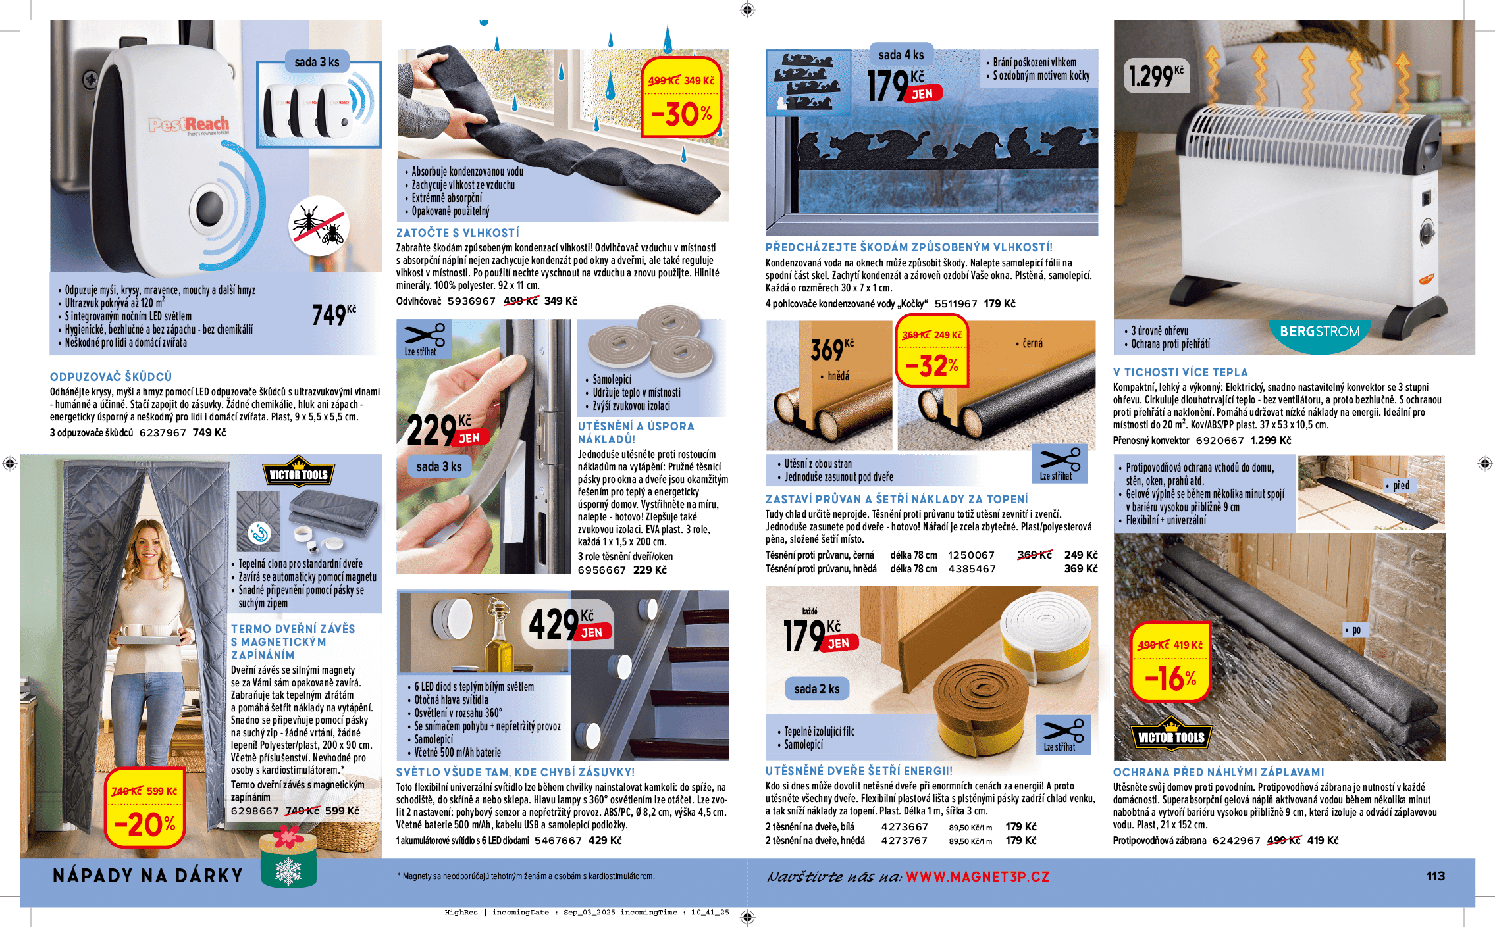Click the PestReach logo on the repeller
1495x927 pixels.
(188, 124)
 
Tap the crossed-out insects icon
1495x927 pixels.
(319, 226)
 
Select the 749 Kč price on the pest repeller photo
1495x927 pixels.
(333, 314)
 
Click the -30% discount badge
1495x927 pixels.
(681, 99)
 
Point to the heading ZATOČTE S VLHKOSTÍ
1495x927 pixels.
(458, 233)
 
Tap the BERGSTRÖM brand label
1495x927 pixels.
(1319, 332)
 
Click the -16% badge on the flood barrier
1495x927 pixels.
(1170, 664)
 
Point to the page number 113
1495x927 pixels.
(1436, 876)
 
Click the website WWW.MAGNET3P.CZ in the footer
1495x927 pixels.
(977, 877)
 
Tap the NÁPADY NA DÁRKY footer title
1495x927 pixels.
(148, 876)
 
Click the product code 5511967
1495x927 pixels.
(956, 304)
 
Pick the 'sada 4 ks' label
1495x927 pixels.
(901, 55)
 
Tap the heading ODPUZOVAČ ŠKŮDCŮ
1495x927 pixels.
(111, 377)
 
